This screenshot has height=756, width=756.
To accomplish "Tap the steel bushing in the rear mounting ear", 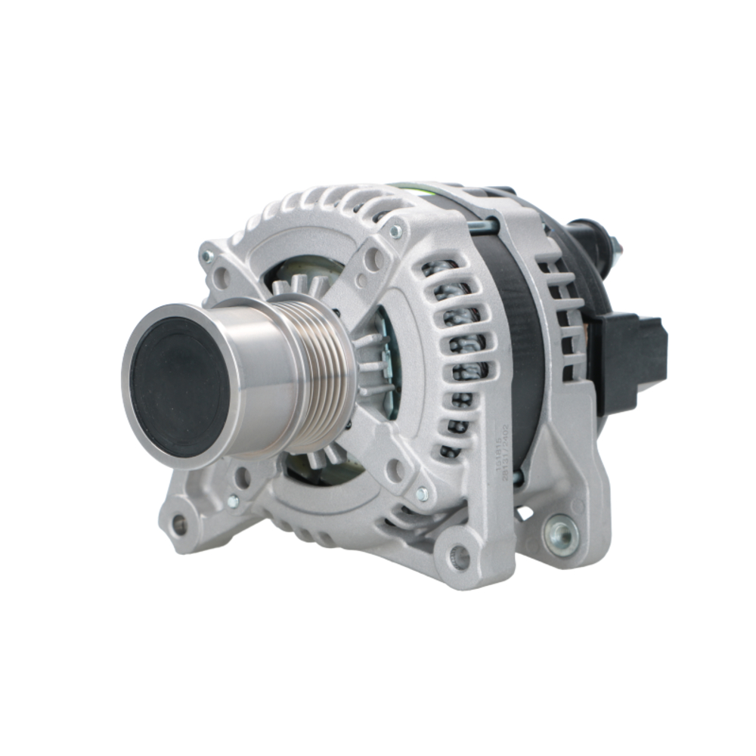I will [x=562, y=535].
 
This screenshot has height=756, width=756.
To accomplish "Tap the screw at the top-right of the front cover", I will [x=394, y=231].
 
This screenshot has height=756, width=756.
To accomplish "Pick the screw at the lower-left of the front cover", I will [x=233, y=500].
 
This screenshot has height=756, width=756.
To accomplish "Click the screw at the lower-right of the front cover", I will [x=422, y=494].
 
